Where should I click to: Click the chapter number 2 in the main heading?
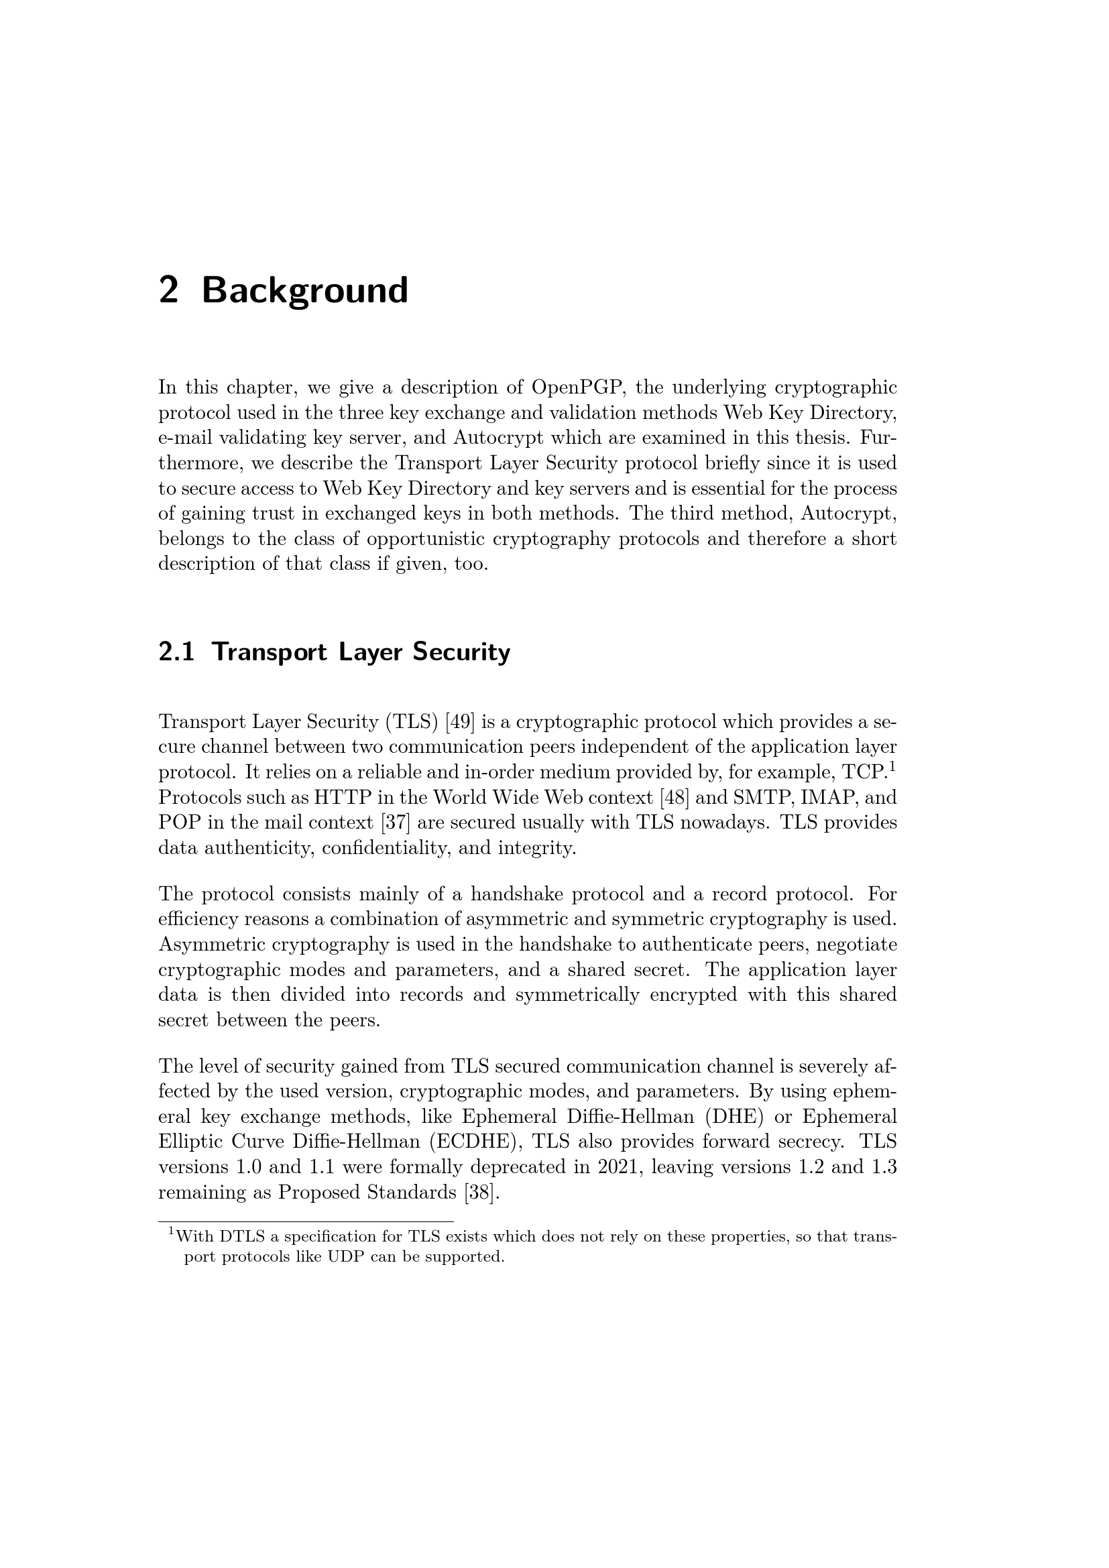[x=169, y=290]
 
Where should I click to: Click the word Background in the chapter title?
[x=304, y=290]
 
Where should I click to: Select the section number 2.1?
[x=176, y=652]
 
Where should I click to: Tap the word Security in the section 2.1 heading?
[x=461, y=652]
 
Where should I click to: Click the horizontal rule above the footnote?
[x=306, y=1221]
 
